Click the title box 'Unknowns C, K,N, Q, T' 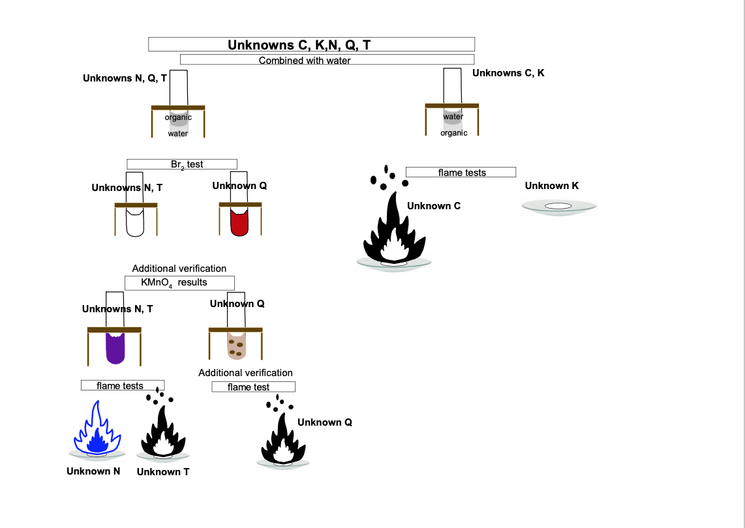[311, 44]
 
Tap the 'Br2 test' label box [182, 164]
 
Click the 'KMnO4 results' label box [179, 282]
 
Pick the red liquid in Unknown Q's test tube [239, 223]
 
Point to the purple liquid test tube [115, 348]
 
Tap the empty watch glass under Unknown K [558, 207]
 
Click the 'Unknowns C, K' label [508, 73]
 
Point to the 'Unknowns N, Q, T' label [125, 78]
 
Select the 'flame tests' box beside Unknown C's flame [461, 172]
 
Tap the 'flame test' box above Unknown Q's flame [253, 387]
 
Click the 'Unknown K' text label [551, 186]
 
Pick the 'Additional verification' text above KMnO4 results [179, 268]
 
